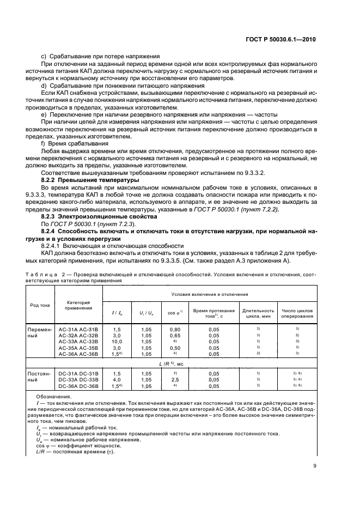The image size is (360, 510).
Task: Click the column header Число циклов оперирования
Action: click(x=297, y=312)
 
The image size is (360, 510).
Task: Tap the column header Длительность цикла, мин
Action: click(x=257, y=312)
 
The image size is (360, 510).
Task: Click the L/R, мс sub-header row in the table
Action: click(x=180, y=363)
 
